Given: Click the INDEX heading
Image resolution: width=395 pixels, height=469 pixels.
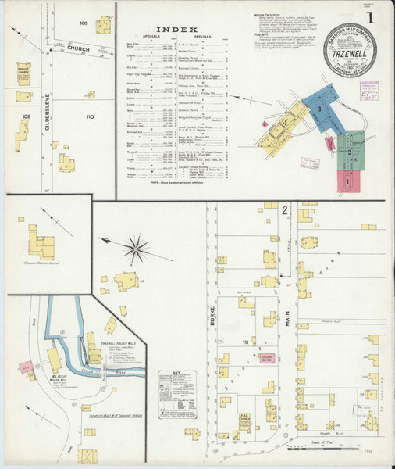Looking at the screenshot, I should coord(175,30).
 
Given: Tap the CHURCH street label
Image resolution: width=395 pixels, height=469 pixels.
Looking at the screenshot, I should coord(78,49).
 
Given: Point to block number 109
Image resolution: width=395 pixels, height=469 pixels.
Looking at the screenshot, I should coord(84,23).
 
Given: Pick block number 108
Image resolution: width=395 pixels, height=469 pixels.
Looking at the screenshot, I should coord(27,116).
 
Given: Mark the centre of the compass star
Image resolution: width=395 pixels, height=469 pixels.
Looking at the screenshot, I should coord(137,249).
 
